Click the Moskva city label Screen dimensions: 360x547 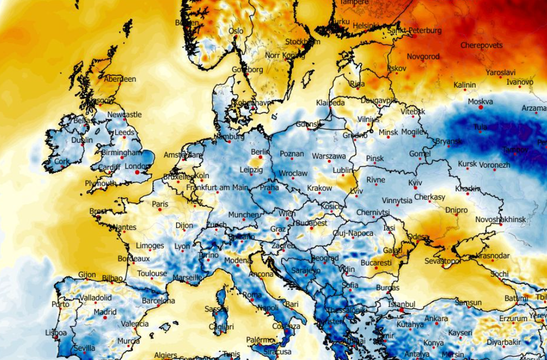[480, 101]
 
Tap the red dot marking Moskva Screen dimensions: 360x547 [481, 108]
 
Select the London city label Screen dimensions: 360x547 [137, 166]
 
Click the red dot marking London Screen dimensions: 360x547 [137, 172]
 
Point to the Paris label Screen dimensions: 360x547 [160, 204]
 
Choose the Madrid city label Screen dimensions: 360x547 [105, 312]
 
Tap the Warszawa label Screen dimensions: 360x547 [329, 156]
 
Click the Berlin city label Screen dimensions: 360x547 [260, 152]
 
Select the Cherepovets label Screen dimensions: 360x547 [482, 45]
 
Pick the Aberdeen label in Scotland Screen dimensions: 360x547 [120, 79]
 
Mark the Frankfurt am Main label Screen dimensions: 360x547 [216, 188]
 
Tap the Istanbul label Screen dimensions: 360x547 [401, 304]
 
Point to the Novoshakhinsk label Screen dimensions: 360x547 [501, 219]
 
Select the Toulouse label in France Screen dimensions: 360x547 [152, 274]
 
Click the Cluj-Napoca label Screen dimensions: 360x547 [353, 233]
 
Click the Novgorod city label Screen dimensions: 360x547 [423, 56]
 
